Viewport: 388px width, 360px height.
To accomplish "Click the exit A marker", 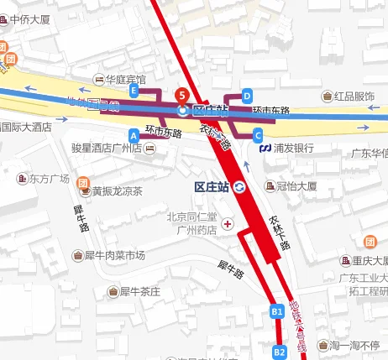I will [134, 134].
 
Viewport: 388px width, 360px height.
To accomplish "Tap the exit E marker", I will [134, 90].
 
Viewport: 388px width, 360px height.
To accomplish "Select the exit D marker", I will [247, 95].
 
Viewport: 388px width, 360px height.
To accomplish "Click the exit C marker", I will [258, 134].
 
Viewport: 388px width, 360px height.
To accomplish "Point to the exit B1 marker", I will [277, 311].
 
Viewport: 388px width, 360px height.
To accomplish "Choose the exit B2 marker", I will [280, 352].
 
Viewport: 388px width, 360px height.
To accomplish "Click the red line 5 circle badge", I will [183, 94].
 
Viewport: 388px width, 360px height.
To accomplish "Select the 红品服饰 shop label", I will [354, 97].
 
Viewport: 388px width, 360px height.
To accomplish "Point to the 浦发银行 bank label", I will [293, 148].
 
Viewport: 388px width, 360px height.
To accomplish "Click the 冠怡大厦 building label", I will [294, 185].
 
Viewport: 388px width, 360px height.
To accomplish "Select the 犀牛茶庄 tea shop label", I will [139, 292].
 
